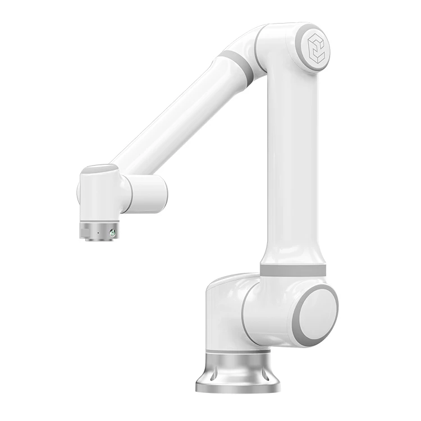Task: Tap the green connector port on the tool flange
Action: [113, 232]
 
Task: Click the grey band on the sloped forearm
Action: [236, 68]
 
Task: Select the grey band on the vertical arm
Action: [292, 271]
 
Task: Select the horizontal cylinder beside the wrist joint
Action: [148, 194]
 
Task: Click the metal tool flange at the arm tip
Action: [98, 230]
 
